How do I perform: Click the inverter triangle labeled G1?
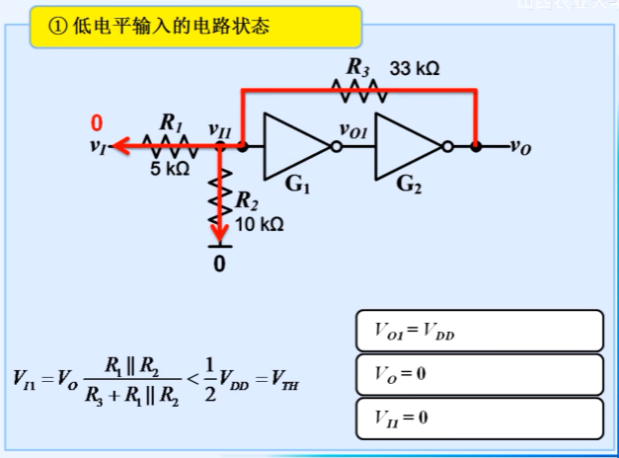[294, 147]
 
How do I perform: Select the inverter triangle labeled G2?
[407, 147]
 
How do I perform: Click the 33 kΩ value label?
[415, 69]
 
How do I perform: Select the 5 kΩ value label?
[170, 170]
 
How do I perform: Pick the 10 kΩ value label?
[260, 224]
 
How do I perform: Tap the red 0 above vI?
[97, 124]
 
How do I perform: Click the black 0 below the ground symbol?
[220, 265]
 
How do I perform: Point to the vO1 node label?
[352, 128]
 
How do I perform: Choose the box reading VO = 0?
[478, 375]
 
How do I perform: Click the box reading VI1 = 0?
[478, 418]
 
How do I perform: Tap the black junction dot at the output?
[476, 147]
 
